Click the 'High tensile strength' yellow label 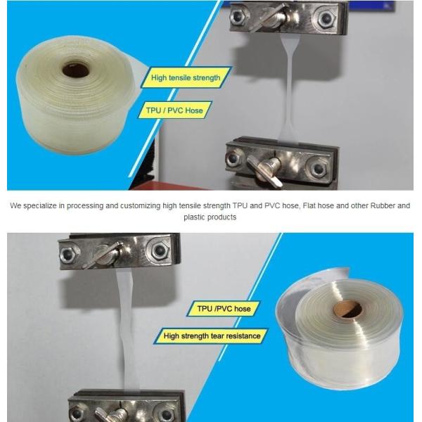(186, 77)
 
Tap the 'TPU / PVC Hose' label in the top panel (174, 110)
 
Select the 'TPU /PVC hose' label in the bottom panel (224, 309)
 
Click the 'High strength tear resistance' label (212, 336)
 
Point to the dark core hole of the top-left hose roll (76, 70)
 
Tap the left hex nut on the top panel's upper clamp (237, 16)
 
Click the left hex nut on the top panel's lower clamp (234, 158)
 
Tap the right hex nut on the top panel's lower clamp (319, 169)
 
